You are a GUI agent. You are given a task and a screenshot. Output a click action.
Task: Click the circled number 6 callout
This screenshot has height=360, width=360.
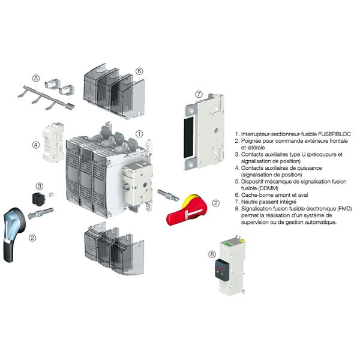click(x=139, y=70)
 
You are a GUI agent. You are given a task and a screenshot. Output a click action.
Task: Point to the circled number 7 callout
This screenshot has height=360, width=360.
click(x=199, y=94)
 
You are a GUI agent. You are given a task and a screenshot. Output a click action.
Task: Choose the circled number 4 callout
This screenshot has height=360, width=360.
click(x=36, y=144)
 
